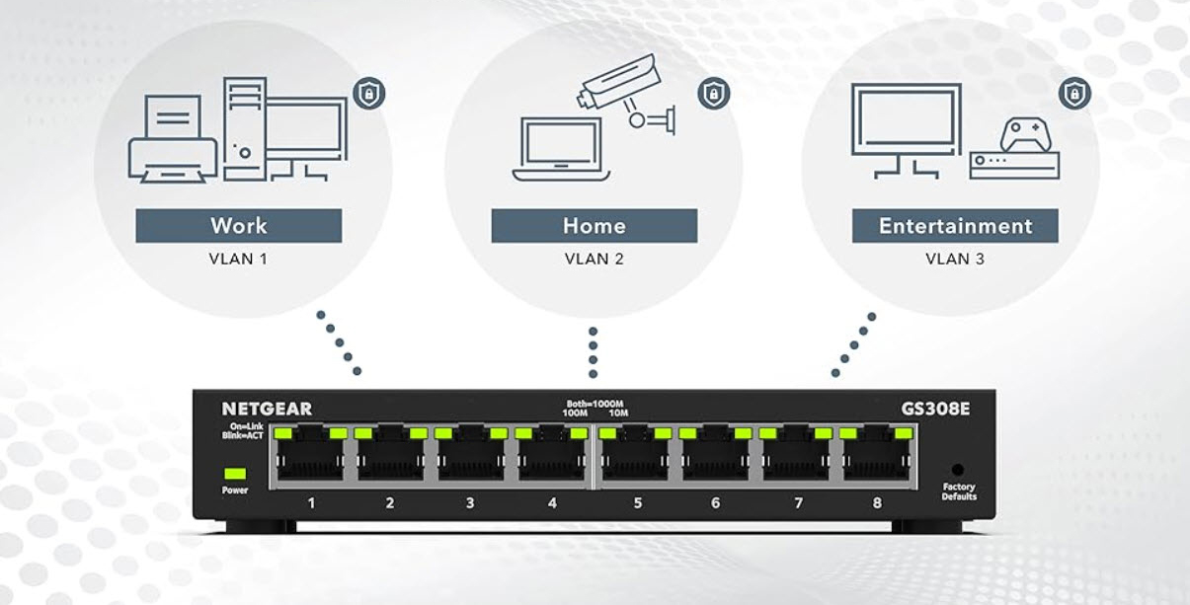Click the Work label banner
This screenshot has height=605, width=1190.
point(238,225)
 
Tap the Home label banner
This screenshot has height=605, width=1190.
point(594,225)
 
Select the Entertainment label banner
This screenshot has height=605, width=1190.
point(955,225)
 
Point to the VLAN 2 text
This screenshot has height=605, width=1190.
point(594,260)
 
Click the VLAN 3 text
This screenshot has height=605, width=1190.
point(954,260)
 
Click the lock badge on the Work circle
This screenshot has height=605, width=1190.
point(368,95)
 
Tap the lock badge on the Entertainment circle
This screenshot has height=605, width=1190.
point(1074,94)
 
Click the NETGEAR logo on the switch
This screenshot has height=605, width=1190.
point(267,409)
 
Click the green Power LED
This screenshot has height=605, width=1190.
point(235,473)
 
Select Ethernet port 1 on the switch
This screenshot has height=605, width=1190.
point(311,456)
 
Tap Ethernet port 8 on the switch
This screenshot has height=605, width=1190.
point(876,456)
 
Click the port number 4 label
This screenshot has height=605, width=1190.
point(552,503)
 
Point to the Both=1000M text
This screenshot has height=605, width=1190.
point(593,403)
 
